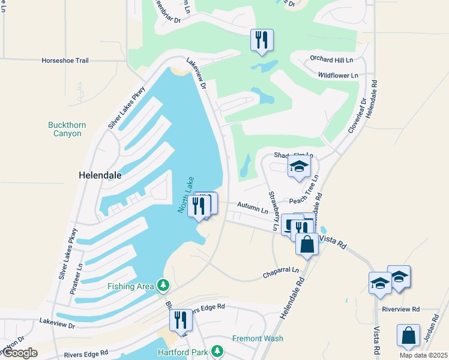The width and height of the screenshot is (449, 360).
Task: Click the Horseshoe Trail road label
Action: [x=65, y=61]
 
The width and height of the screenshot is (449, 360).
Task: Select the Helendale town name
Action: [x=100, y=175]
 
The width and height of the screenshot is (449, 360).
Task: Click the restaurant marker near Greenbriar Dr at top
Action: [x=262, y=40]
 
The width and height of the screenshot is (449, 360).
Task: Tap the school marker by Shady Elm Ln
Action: [x=299, y=167]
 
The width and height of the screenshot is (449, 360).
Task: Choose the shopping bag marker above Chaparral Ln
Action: [x=307, y=244]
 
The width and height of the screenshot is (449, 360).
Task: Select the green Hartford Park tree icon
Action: [x=220, y=352]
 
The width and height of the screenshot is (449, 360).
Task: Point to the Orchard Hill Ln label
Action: [x=331, y=59]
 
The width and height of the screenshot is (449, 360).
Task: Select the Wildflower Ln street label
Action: [x=337, y=76]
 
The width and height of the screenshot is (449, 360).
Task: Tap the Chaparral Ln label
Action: [x=281, y=273]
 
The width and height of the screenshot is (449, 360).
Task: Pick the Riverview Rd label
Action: [x=400, y=310]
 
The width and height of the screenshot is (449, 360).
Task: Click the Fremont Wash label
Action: [x=258, y=338]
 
